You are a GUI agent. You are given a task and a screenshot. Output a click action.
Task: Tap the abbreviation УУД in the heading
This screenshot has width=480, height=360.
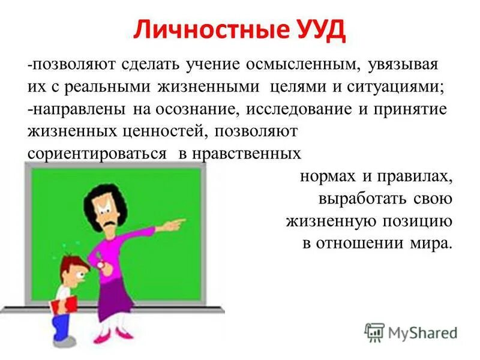tap(319, 30)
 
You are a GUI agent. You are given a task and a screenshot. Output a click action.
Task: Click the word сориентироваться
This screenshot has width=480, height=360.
tap(97, 153)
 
